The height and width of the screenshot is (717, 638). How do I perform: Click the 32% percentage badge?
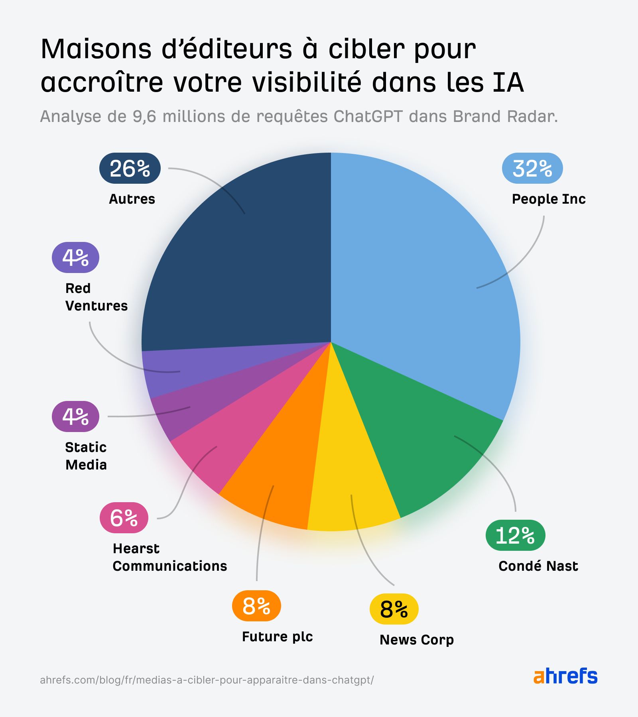coord(532,168)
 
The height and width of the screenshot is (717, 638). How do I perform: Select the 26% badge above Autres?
coord(130,168)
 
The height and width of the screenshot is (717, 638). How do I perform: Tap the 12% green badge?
coord(515,535)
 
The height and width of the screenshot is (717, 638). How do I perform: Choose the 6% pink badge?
coord(124,518)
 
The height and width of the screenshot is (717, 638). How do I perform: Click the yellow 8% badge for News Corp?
coord(394,609)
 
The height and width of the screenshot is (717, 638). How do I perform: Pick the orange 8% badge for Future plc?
coord(256,605)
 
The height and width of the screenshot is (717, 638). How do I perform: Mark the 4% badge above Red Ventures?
coord(75,257)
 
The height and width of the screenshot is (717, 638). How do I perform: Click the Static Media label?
coord(86,456)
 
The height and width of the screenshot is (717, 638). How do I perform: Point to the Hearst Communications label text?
coord(169,557)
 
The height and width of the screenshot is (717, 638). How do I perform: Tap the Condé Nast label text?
coord(538,566)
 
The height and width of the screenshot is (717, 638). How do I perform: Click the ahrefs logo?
coord(565,676)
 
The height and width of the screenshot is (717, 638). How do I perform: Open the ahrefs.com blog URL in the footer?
coord(207,680)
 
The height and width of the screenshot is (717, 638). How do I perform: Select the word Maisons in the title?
coord(96,49)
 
